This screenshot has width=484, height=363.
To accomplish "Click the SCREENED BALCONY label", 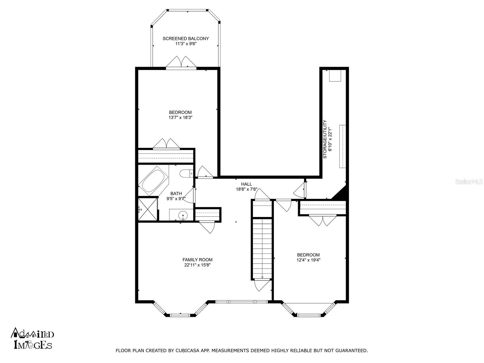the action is [x=186, y=39].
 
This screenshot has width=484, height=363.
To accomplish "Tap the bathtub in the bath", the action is [x=153, y=181].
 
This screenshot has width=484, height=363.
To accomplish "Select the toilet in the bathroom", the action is [x=186, y=173].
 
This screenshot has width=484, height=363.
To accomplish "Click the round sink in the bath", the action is [x=183, y=214].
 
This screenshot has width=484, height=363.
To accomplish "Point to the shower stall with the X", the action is [x=148, y=209].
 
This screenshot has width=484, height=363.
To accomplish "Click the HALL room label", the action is [x=246, y=184].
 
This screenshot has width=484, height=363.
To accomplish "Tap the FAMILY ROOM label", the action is [x=197, y=260].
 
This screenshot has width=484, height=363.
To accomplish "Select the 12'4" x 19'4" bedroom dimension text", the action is [x=308, y=260].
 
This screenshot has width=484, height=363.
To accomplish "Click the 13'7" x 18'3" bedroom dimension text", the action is [x=180, y=118].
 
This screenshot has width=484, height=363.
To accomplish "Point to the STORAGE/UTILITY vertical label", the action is [x=325, y=139].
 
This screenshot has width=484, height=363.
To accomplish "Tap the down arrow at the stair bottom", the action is [x=262, y=277].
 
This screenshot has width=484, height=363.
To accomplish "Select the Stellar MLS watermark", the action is [x=469, y=182].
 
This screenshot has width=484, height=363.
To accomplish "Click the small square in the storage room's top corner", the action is [x=335, y=76].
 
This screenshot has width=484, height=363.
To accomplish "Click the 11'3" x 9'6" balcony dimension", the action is [x=186, y=44].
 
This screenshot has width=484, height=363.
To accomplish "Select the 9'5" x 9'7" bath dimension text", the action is [x=176, y=198].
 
